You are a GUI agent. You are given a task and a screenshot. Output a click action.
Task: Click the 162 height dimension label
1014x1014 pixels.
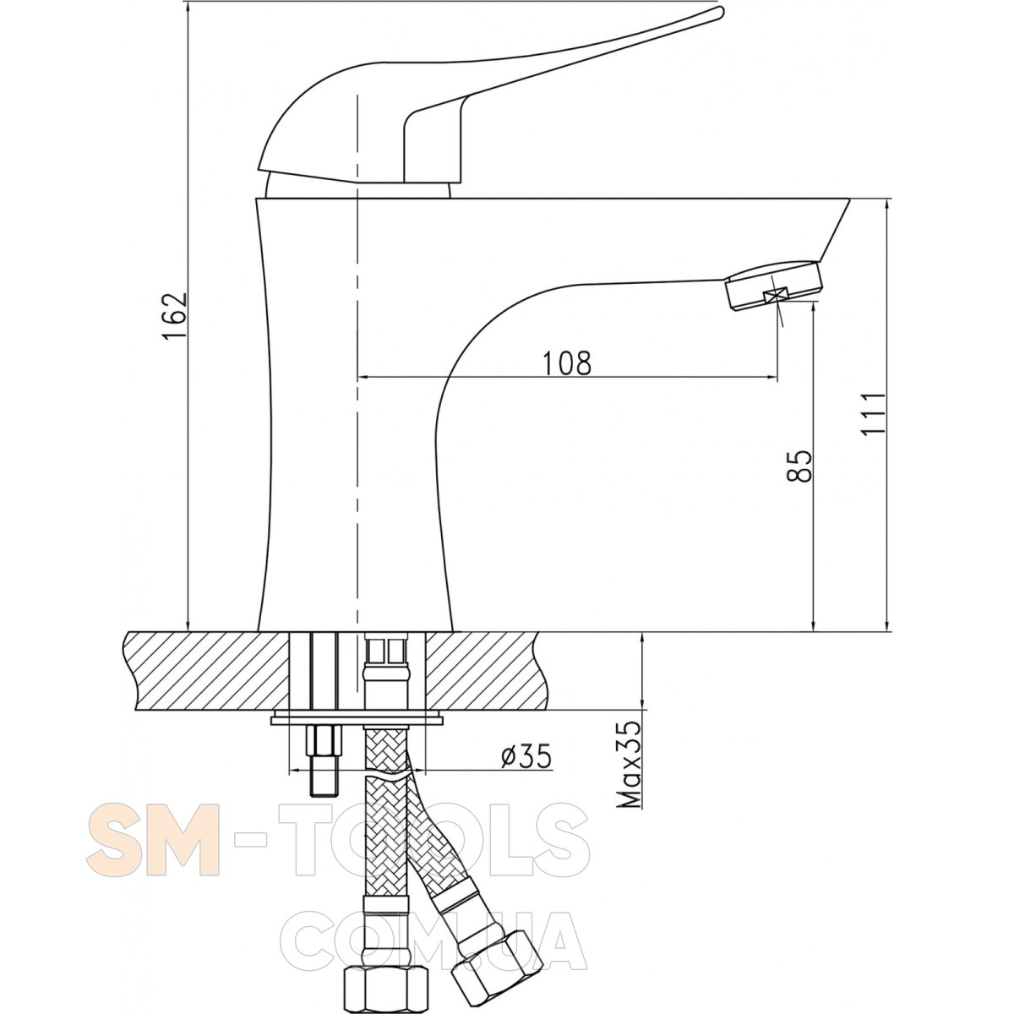(x=175, y=315)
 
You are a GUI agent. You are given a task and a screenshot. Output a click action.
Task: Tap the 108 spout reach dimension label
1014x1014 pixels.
(x=567, y=363)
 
